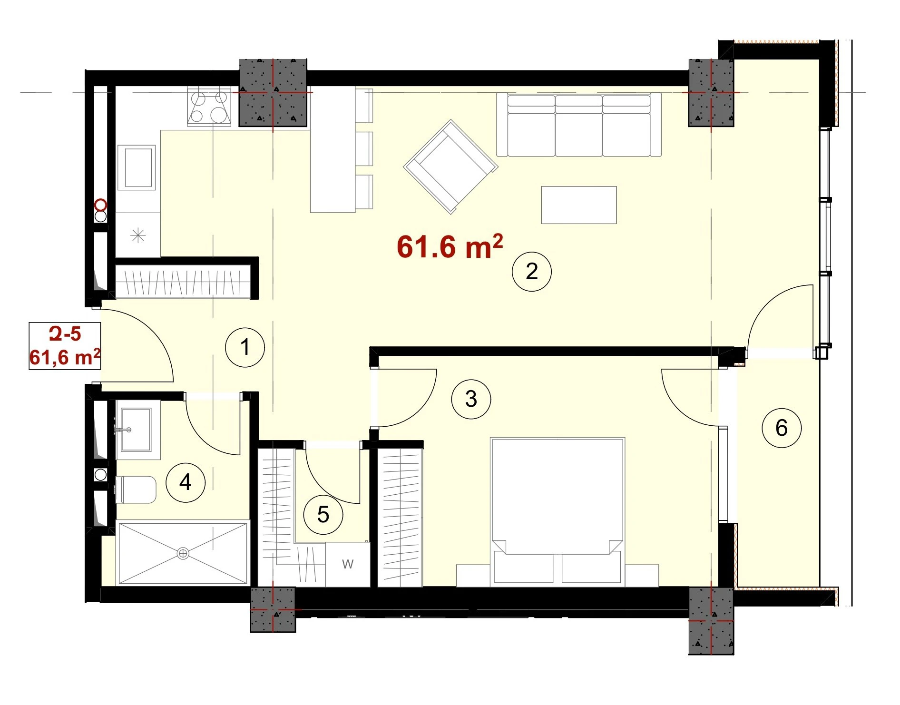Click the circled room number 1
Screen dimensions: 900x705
pos(245,347)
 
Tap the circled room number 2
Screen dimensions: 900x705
pos(531,271)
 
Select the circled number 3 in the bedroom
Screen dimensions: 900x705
pos(471,399)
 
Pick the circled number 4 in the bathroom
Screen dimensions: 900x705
pos(186,482)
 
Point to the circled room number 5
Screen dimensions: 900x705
pos(323,514)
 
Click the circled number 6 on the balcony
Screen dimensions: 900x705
pos(782,428)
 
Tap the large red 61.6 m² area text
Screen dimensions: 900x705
pos(450,246)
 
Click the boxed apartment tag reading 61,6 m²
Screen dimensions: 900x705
pos(65,357)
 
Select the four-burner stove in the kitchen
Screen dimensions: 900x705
pos(209,107)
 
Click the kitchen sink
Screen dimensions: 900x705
pos(138,167)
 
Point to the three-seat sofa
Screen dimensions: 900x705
pos(579,125)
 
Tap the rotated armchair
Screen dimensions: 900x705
pos(450,166)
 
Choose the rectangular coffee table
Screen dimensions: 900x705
pos(579,205)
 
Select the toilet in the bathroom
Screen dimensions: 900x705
pos(136,490)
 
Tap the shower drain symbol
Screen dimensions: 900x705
pos(183,553)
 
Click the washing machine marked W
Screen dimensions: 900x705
pos(348,564)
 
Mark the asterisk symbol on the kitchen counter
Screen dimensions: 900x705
pos(138,235)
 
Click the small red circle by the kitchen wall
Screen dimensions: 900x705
pos(101,206)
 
